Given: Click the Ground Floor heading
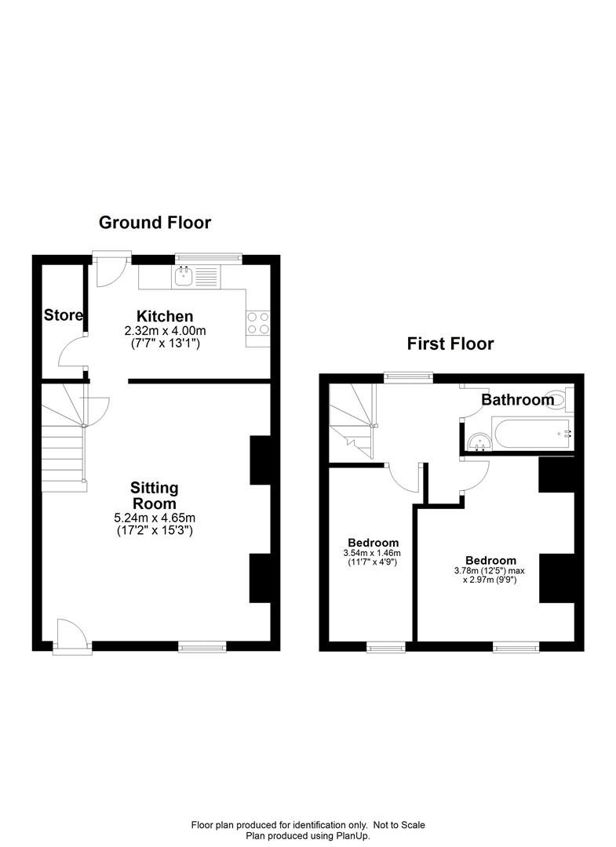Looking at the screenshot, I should click(155, 223).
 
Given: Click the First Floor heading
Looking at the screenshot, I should click(450, 344).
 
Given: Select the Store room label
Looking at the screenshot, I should click(64, 315).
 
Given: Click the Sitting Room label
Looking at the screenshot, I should click(154, 496).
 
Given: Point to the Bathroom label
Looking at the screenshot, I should click(517, 400).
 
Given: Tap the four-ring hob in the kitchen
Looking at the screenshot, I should click(258, 323).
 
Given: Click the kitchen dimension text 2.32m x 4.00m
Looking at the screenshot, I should click(165, 332).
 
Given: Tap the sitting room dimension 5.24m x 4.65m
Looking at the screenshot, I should click(154, 518).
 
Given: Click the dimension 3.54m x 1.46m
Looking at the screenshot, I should click(374, 553).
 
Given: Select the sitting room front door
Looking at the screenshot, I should click(71, 634).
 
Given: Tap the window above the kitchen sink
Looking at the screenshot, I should click(208, 256).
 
